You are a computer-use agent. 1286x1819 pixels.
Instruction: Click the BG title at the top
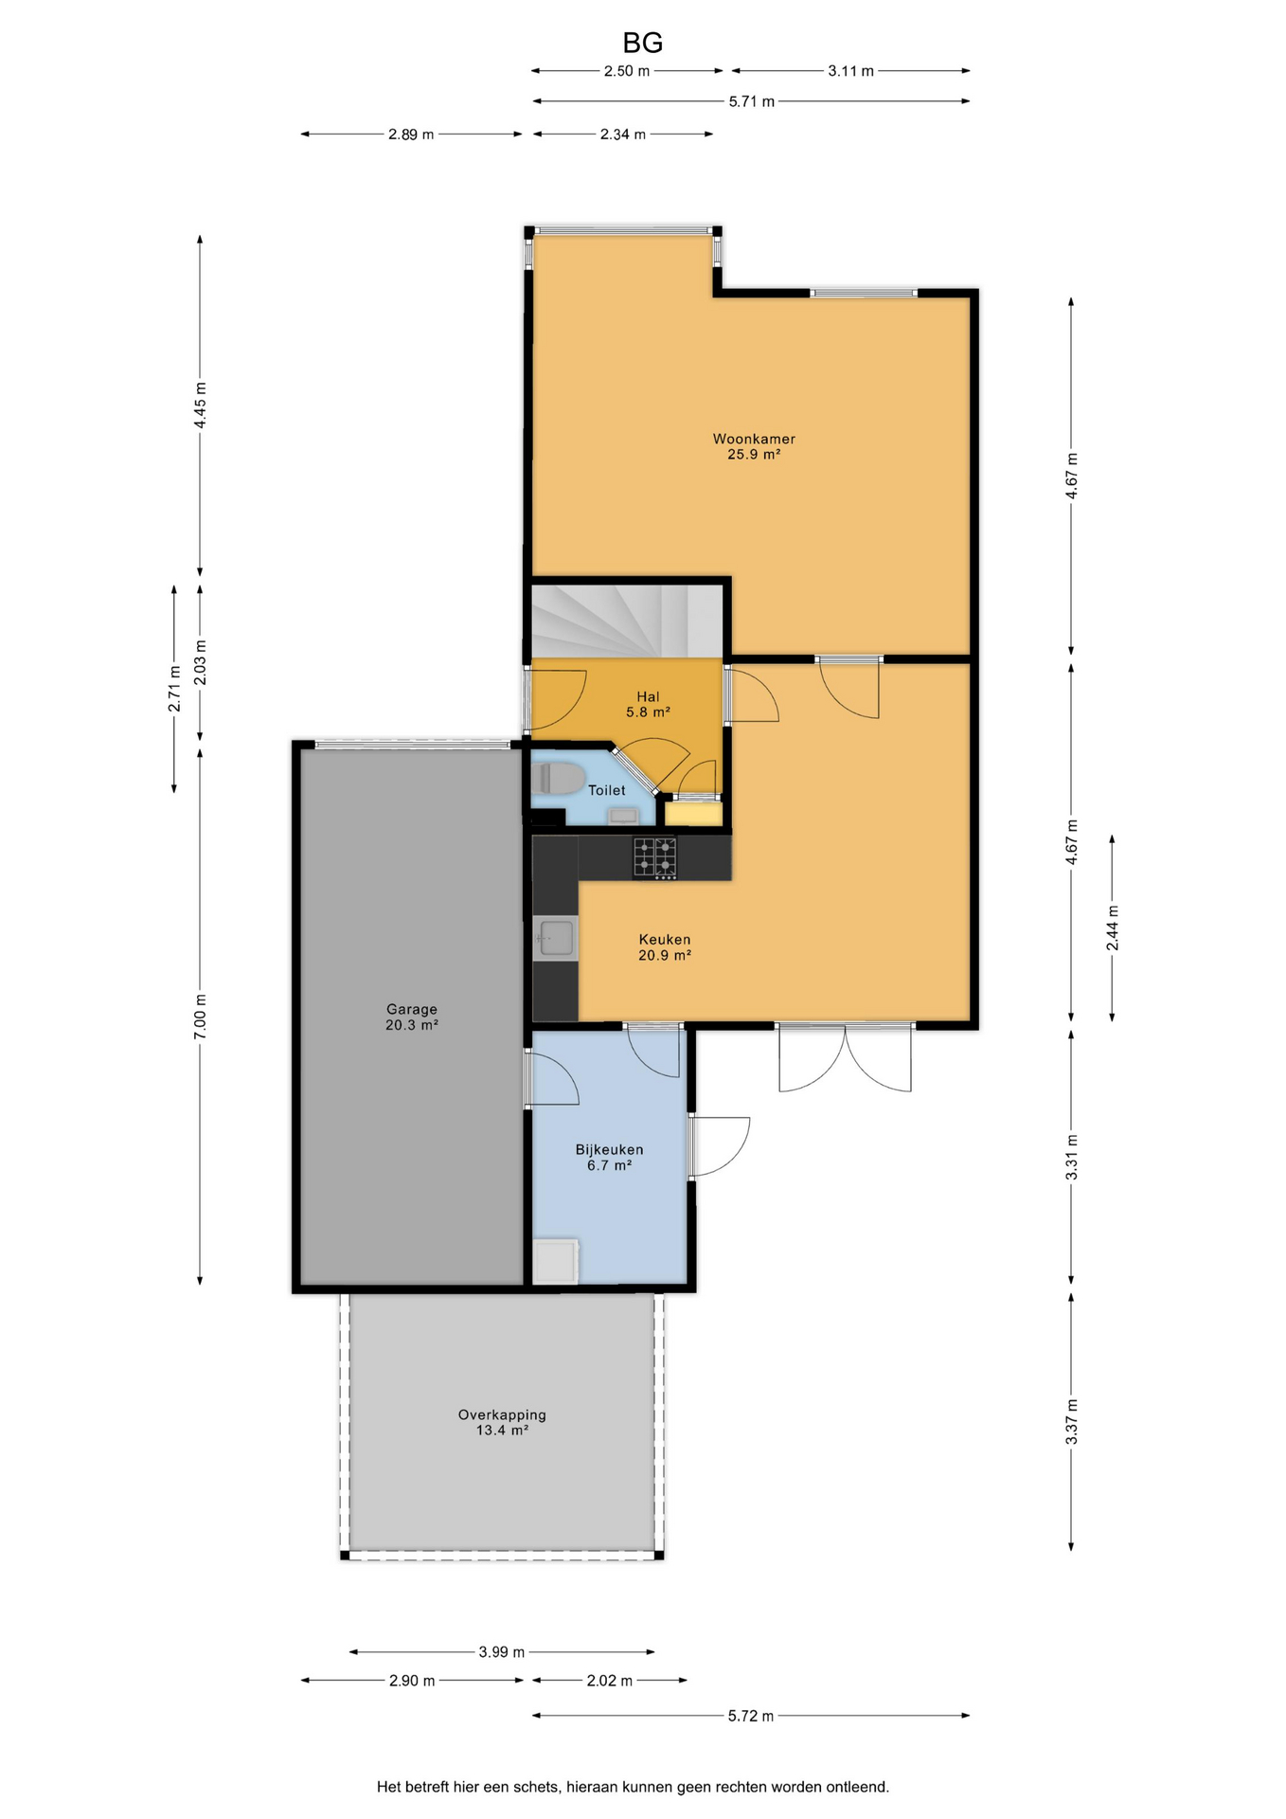pos(642,43)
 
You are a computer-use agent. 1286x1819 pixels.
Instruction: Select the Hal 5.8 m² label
pos(648,704)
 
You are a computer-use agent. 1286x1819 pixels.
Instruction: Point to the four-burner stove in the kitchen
pos(655,858)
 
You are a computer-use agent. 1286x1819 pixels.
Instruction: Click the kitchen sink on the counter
pos(556,938)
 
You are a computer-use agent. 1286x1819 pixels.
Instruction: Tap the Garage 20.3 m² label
pos(412,1017)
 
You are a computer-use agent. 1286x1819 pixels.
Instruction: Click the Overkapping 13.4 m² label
pos(502,1422)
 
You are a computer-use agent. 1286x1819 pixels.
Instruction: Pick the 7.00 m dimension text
pos(200,1018)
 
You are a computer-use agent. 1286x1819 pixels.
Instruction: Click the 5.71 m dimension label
pos(752,101)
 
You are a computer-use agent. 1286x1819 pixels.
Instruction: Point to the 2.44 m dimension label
pos(1113,928)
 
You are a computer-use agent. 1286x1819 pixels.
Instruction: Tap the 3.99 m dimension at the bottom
pos(501,1652)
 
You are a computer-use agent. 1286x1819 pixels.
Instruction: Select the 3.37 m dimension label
pos(1072,1422)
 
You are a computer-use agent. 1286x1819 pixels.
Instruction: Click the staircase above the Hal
pos(627,621)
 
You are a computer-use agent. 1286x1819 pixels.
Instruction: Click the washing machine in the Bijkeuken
pos(556,1261)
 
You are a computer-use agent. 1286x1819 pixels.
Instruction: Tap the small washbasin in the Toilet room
pos(623,815)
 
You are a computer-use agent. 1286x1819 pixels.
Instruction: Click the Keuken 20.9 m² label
pos(665,947)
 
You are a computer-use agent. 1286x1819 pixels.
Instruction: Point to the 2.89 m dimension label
pos(411,135)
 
